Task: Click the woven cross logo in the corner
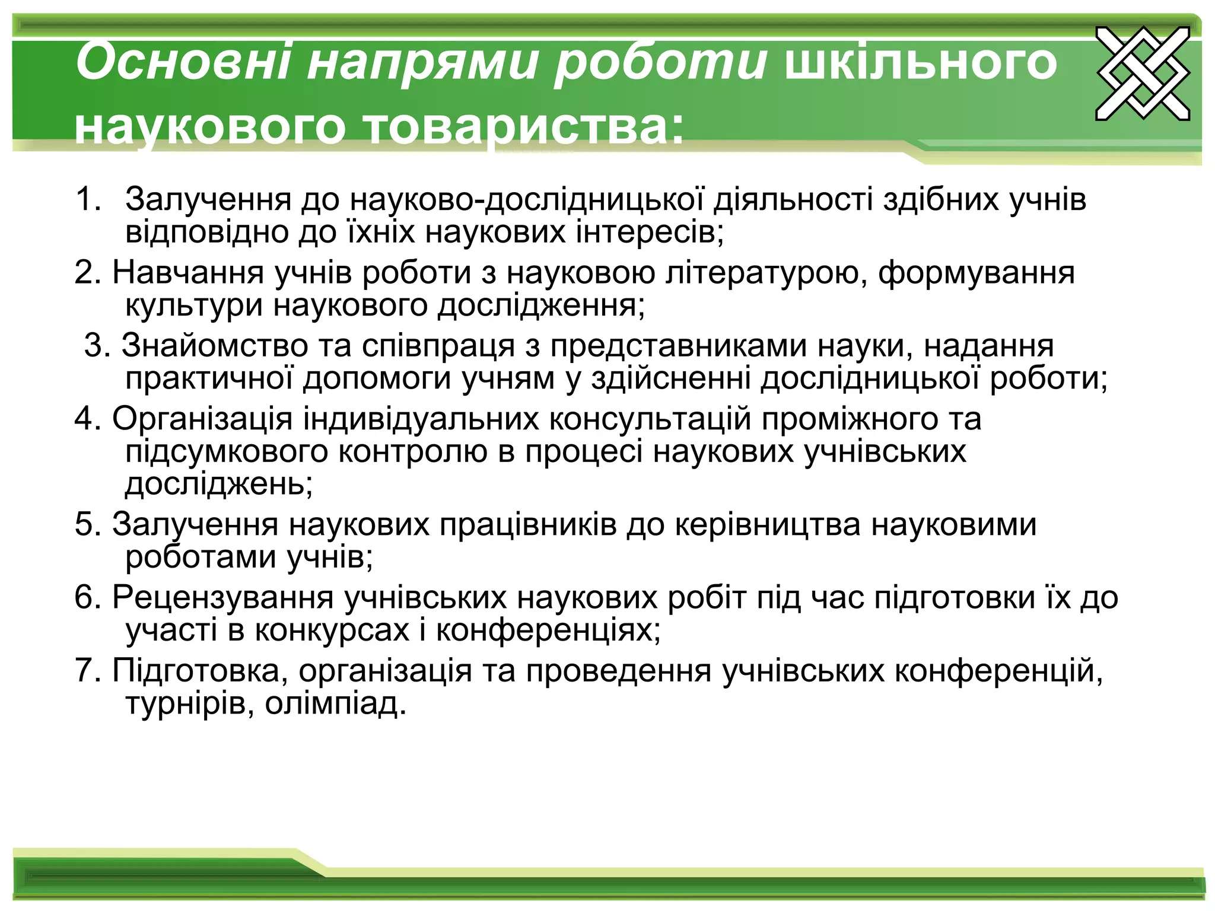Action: (x=1142, y=73)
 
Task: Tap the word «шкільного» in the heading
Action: (x=921, y=62)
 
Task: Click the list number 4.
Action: (x=88, y=419)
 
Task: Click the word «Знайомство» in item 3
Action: (x=215, y=346)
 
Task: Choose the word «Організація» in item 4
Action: (x=202, y=420)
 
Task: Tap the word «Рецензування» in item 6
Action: (x=223, y=598)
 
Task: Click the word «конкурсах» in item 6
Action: (x=332, y=630)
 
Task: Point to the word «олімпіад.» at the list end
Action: (x=336, y=704)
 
